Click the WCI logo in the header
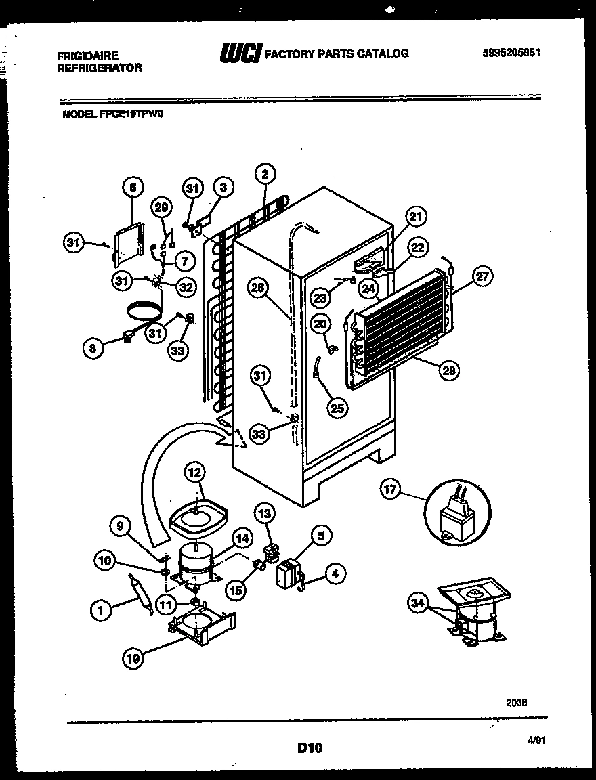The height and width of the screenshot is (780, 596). pos(240,53)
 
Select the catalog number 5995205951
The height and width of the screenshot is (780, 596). pos(511,53)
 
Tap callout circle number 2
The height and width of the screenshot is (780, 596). pos(264,174)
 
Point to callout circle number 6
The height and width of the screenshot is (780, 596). pos(133,188)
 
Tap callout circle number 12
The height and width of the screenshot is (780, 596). pos(194,472)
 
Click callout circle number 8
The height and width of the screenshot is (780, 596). pos(93,349)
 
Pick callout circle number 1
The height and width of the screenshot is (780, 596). pos(100,611)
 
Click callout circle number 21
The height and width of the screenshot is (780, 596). pos(417,217)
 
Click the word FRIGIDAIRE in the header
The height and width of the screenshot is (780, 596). pos(88,56)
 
